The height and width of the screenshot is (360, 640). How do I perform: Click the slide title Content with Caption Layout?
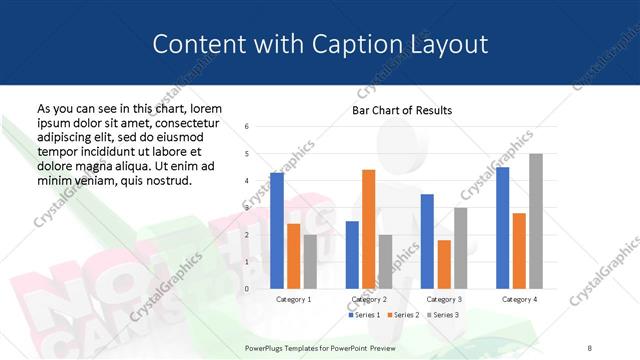320,44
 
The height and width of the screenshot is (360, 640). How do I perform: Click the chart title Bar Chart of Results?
402,110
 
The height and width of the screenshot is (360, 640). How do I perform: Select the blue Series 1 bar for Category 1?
277,230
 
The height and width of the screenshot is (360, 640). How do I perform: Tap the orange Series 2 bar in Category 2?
368,229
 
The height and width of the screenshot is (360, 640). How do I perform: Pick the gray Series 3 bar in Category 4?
535,221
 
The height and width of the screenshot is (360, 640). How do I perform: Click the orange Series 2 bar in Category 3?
444,264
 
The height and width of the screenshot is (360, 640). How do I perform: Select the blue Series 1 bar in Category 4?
502,227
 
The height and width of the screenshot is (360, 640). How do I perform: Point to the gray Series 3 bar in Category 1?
310,261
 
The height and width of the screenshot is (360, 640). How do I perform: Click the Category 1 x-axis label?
294,299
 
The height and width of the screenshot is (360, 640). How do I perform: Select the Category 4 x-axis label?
519,299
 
